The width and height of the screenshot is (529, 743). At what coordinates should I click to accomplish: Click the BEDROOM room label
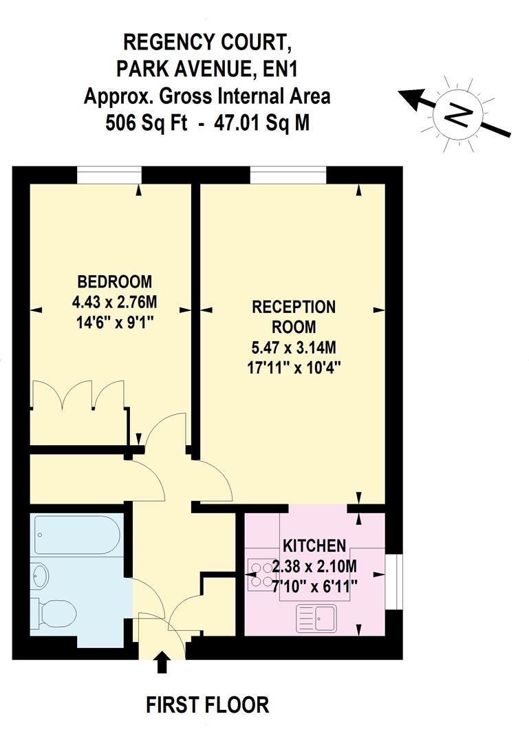click(114, 281)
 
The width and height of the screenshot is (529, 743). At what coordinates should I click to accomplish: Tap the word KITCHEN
click(314, 546)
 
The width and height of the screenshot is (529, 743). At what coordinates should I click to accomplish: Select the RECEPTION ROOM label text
click(294, 316)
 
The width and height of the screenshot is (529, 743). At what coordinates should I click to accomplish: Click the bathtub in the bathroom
click(78, 537)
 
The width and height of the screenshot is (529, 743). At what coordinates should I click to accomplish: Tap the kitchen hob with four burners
click(261, 574)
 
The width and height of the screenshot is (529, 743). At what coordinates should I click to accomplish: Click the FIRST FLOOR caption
click(207, 705)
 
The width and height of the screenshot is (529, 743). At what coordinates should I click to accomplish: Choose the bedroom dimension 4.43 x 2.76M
click(114, 301)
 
